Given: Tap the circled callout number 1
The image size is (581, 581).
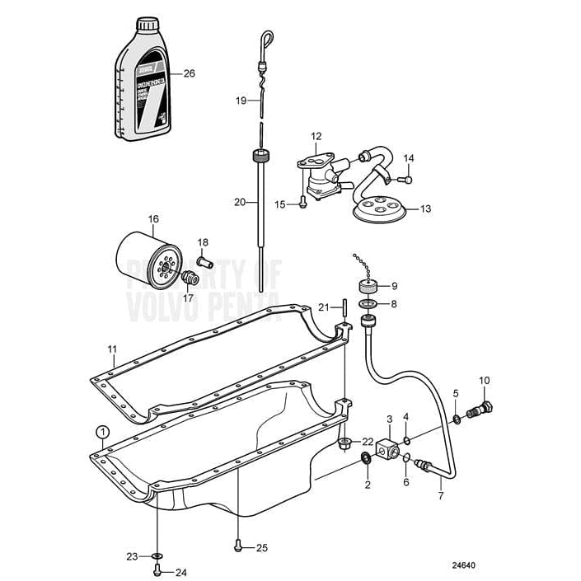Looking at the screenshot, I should coord(101,431).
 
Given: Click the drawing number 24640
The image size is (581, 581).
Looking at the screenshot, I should coord(465,566).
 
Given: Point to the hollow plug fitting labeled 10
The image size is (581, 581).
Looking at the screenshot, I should coord(480,409).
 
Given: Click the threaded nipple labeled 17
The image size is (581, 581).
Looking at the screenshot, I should coord(189,279).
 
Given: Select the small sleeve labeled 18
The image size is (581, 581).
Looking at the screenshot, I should coord(205,262).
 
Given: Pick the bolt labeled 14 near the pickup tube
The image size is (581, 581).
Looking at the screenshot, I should coord(403,178).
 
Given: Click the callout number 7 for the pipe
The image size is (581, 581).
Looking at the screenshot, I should coord(440,496).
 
